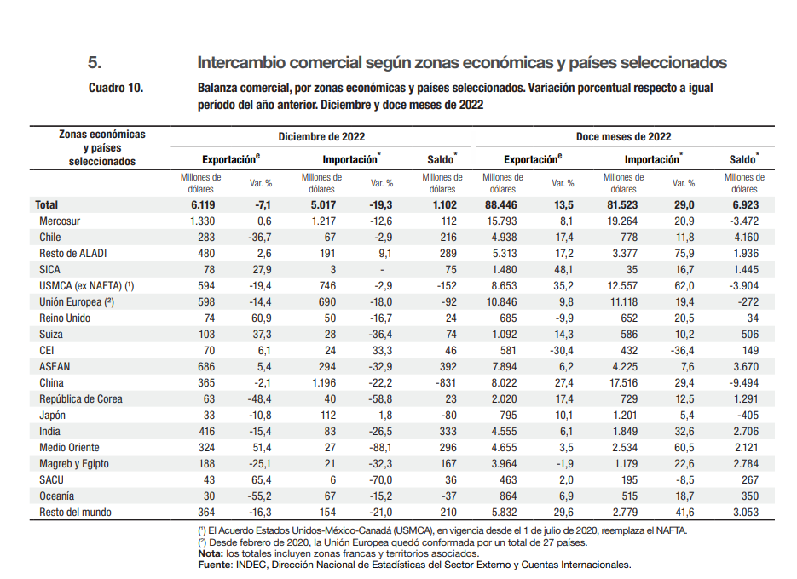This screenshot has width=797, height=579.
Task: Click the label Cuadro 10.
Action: [x=116, y=88]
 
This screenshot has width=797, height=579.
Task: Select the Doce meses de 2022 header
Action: [x=624, y=136]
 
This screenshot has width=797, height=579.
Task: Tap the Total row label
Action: [x=46, y=205]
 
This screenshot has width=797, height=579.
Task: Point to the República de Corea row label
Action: [x=81, y=398]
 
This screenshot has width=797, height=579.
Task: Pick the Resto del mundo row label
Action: [x=76, y=512]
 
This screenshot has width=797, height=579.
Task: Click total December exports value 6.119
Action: [x=204, y=205]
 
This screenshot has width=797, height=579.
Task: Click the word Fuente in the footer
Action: [x=213, y=564]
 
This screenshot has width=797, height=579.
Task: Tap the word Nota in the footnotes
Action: [x=209, y=553]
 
